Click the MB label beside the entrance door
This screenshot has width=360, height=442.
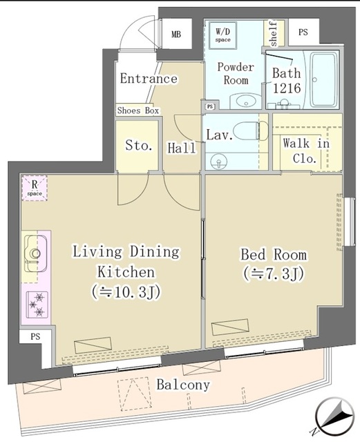(x=176, y=34)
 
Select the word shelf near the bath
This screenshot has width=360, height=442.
(x=273, y=32)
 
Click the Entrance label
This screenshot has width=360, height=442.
(x=148, y=79)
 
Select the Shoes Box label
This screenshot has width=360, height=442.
(x=138, y=110)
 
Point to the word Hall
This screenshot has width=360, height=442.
(x=181, y=147)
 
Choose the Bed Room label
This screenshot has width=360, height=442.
(x=273, y=255)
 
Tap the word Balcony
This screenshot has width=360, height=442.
(x=182, y=385)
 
